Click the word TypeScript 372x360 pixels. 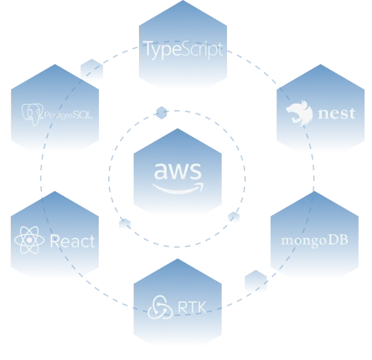coord(183,49)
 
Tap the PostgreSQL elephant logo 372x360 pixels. coord(32,114)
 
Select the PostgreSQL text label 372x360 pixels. coord(68,116)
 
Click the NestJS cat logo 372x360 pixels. coord(300,114)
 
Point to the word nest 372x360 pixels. coord(337,114)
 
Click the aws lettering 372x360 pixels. coord(178,171)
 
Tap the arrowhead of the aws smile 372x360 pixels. coord(200,186)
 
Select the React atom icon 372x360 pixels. coord(29,240)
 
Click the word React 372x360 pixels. coord(72,241)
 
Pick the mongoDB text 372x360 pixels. coord(315,240)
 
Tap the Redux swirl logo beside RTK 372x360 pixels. coord(160,307)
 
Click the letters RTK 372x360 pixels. coord(192,307)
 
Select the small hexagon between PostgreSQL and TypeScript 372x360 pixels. coord(91,70)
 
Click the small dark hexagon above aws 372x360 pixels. coord(162,113)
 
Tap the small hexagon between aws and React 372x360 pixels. coord(125,224)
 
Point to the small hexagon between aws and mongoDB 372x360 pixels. coord(234,217)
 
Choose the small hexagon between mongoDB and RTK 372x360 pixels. coord(256,281)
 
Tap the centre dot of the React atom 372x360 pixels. coord(29,240)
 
